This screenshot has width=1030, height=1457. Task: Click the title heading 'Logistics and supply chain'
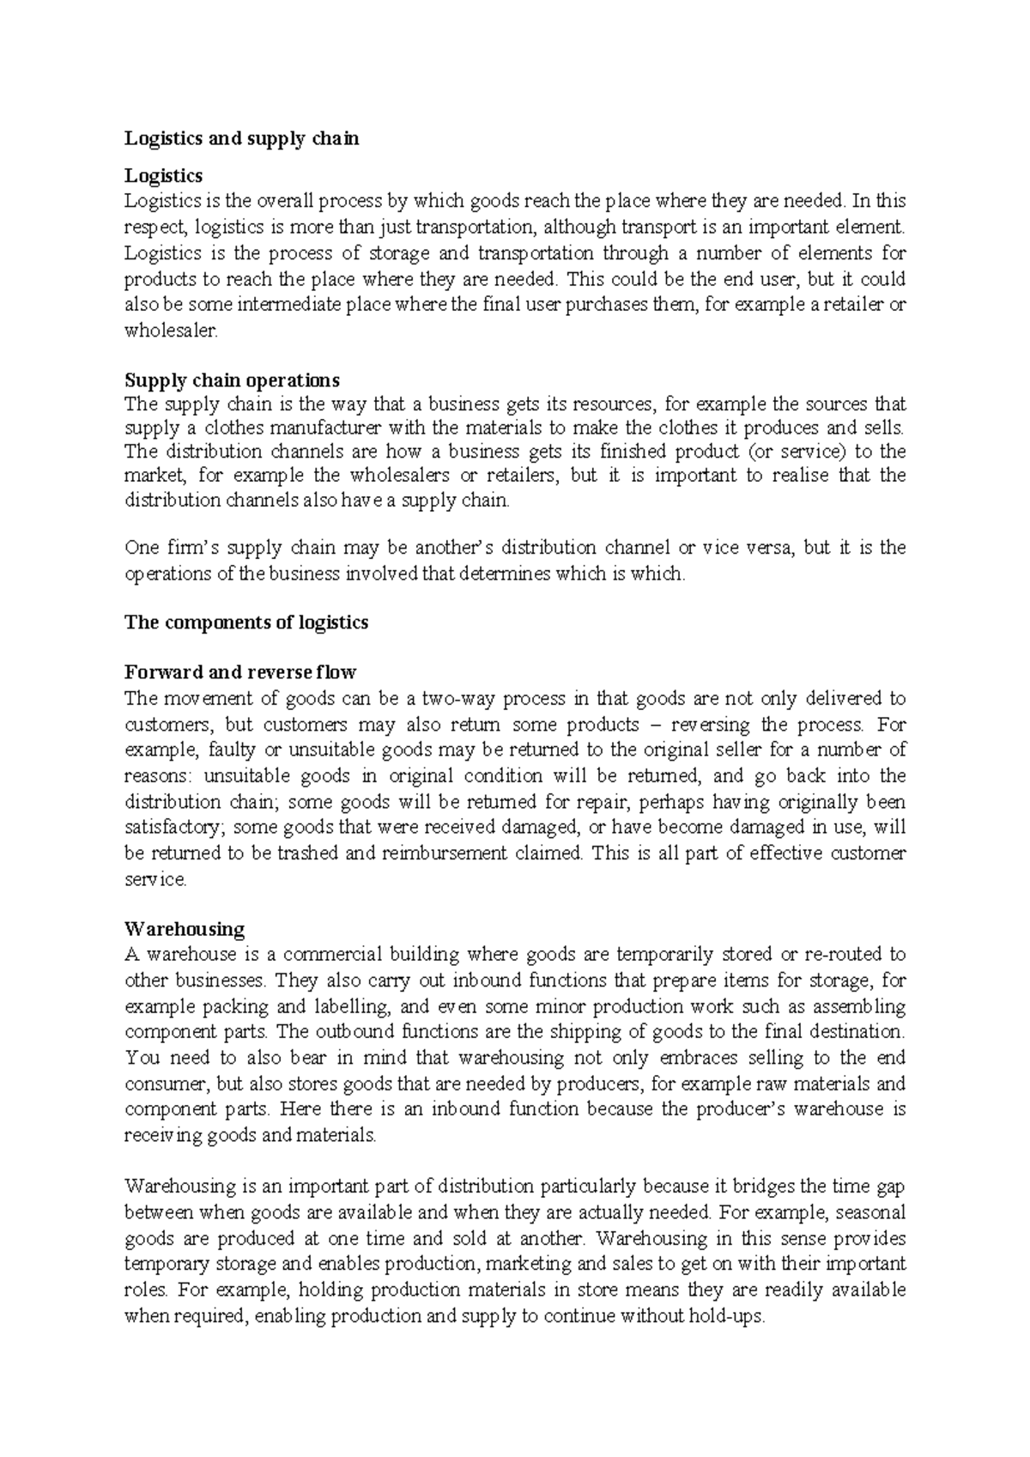pos(241,138)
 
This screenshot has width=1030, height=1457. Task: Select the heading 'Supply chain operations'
pos(232,379)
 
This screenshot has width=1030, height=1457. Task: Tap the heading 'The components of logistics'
pos(246,622)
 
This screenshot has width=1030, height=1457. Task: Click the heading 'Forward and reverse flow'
pos(240,671)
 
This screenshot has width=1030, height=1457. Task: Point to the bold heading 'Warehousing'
pos(185,929)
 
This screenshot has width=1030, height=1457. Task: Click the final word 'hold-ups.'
pos(726,1315)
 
